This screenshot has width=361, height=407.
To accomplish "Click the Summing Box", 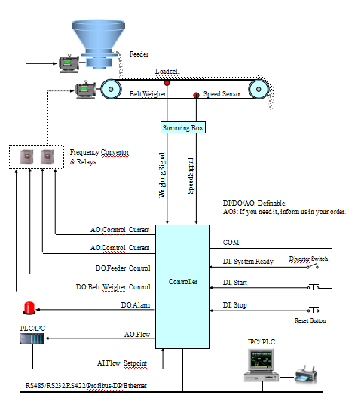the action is pos(183,127).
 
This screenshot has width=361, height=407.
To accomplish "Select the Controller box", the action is pos(182,286).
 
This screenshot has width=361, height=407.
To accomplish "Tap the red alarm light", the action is pos(29,308).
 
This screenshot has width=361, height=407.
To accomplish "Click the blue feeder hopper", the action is pos(99,44).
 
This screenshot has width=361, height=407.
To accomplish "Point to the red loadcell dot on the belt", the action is pos(167,83).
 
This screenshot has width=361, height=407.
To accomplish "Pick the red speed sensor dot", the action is pos(196,95).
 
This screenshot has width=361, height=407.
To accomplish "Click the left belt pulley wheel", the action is pos(111,89).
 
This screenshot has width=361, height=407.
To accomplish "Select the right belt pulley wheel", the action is pos(259,89).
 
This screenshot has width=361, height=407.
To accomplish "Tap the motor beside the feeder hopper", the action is pos(69,63).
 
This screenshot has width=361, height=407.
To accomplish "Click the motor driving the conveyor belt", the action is pos(86,90).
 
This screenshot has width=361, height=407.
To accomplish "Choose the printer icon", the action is pos(306,375).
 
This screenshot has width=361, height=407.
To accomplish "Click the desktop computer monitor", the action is pos(261,360).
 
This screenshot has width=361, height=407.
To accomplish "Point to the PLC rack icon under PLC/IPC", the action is pos(32,338).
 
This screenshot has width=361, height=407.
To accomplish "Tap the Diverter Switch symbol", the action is pos(313,266).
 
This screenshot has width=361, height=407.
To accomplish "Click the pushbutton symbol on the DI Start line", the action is pos(314,287).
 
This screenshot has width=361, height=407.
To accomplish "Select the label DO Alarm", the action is pos(136,305).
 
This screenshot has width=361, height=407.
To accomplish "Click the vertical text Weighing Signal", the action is pos(162,175).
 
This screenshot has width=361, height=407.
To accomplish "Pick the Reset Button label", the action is pos(311,320).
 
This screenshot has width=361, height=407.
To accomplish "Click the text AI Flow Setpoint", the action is pos(122,363).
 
